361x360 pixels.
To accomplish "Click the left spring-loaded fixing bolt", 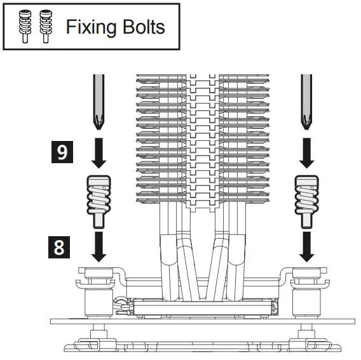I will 99,198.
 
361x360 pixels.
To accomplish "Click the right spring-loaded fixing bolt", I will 306,198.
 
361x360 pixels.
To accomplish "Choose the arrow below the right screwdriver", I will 306,154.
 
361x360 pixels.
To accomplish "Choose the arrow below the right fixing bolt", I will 306,246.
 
